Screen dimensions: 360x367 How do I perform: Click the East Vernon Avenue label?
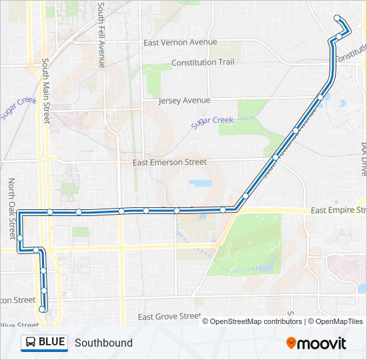click(180, 42)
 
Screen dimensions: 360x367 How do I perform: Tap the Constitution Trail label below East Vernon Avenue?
click(203, 63)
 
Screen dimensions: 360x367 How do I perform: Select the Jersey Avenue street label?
click(184, 101)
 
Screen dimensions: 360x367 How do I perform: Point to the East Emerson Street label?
click(169, 162)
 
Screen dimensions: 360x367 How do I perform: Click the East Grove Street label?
click(168, 316)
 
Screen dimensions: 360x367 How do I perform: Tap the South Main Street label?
click(46, 91)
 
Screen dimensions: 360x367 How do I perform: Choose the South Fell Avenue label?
click(101, 35)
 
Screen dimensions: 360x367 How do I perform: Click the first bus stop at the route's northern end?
click(337, 18)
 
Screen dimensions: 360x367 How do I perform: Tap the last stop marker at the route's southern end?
click(43, 309)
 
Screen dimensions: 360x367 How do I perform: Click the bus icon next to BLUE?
click(30, 343)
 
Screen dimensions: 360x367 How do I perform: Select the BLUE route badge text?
click(52, 343)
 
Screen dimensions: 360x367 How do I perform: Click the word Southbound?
click(103, 343)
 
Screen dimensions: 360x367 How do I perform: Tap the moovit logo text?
click(322, 343)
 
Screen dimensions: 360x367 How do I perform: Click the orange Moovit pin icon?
click(292, 343)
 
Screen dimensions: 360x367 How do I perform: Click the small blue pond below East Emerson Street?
click(200, 183)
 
